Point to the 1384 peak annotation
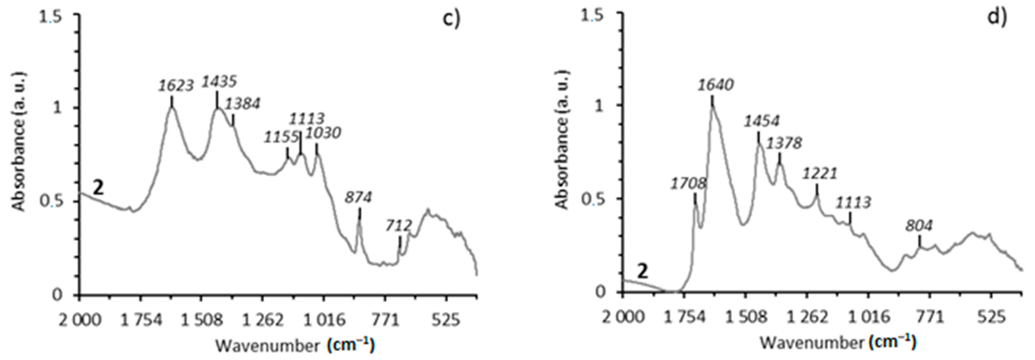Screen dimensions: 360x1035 coord(242,104)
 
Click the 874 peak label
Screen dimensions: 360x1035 coord(358,197)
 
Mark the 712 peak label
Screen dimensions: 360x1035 coord(399,225)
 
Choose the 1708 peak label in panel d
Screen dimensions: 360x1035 coord(688,184)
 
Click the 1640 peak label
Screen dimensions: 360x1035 coord(716,85)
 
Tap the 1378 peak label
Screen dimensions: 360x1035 coord(784,143)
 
